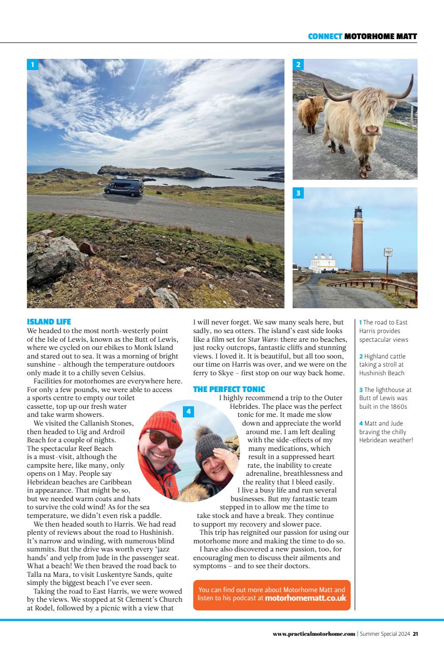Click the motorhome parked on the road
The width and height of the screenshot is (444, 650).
(x=123, y=187)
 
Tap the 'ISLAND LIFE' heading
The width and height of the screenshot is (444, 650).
(x=49, y=321)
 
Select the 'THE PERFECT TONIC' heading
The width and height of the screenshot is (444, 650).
(x=229, y=389)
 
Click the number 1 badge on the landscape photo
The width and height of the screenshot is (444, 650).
(x=33, y=64)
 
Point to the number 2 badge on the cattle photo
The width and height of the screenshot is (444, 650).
(x=298, y=64)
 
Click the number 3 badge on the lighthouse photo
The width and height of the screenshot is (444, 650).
(x=298, y=193)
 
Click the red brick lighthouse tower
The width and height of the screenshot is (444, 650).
(x=358, y=244)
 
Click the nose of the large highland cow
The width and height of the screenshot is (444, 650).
(x=372, y=130)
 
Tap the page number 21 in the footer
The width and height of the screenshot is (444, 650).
(x=415, y=634)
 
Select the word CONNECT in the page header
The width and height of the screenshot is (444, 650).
(x=325, y=36)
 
